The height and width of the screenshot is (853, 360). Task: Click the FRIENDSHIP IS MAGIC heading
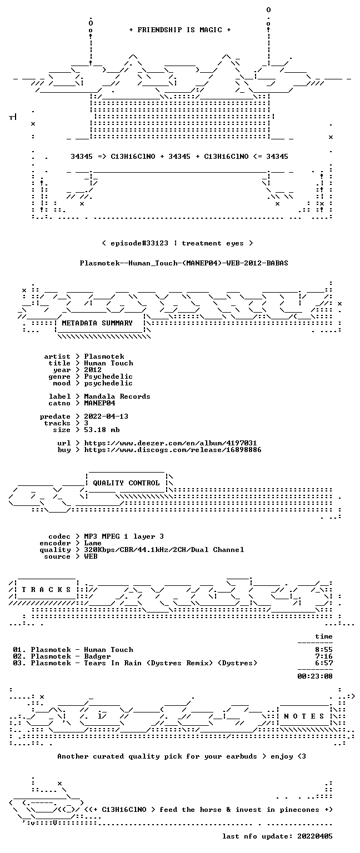click(180, 29)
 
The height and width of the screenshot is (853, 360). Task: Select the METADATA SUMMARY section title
click(97, 323)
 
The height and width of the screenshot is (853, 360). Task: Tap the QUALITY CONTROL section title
click(126, 483)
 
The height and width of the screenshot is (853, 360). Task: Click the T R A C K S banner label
click(46, 589)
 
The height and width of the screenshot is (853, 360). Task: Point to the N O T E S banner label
click(304, 716)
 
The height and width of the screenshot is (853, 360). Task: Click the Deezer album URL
click(171, 443)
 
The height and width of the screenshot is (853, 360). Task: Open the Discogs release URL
click(173, 450)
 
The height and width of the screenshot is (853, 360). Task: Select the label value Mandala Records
click(117, 397)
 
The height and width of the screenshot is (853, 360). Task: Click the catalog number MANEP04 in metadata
click(99, 403)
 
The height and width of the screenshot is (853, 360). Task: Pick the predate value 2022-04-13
click(106, 416)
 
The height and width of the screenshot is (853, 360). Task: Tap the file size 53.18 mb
click(102, 429)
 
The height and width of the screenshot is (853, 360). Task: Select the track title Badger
click(97, 656)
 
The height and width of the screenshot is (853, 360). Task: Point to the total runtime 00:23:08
click(315, 676)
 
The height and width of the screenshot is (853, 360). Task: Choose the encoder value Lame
click(93, 543)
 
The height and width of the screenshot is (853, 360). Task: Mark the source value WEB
click(91, 556)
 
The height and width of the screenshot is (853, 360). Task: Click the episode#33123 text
click(139, 243)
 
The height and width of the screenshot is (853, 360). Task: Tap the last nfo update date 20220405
click(315, 836)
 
